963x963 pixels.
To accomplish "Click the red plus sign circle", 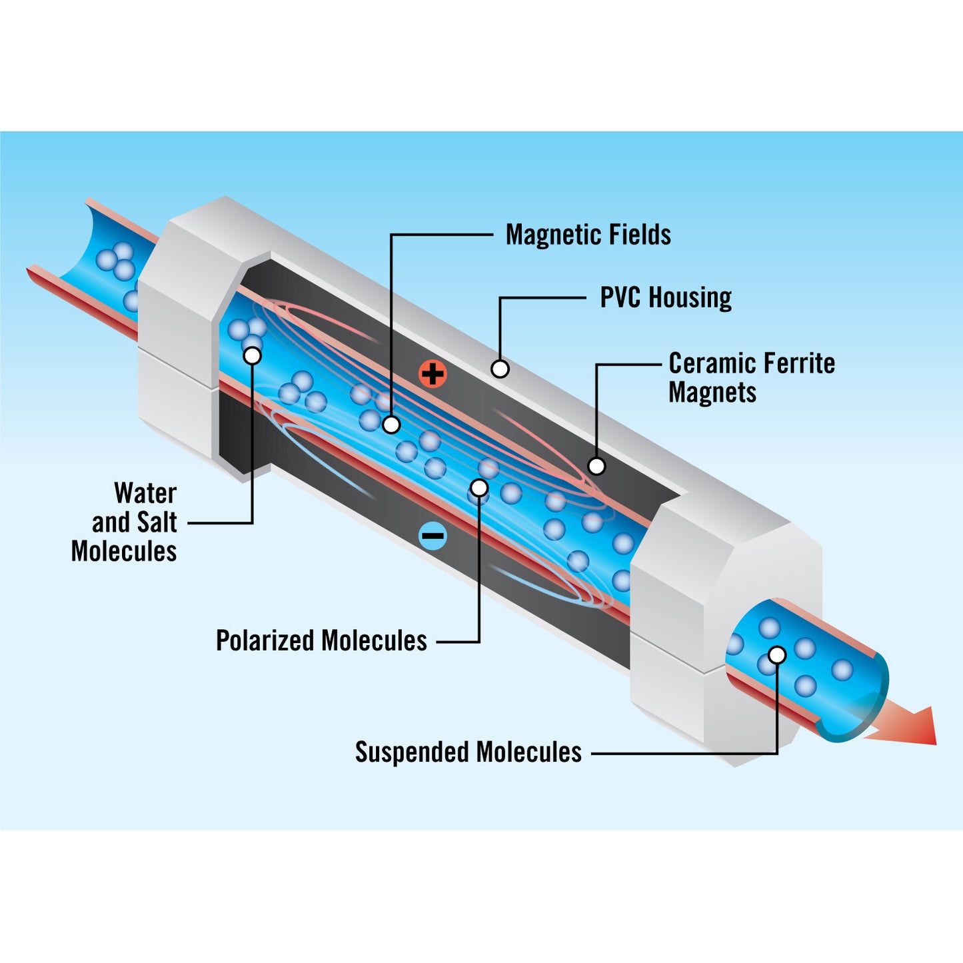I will pos(433,374).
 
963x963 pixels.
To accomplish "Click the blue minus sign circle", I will pos(433,535).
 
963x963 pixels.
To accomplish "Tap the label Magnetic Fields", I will pos(588,235).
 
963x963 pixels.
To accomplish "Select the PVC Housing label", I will pos(665,297).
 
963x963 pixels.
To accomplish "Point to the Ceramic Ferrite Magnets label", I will pos(751,378).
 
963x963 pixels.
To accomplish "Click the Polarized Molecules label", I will pos(321,641).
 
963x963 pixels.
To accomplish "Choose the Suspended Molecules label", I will pos(468,752).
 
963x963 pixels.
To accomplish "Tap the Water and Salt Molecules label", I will pos(127,522).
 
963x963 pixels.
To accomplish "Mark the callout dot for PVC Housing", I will pos(500,369).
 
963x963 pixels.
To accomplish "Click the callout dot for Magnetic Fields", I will pos(391,424).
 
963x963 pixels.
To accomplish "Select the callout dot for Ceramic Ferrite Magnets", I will pos(596,466).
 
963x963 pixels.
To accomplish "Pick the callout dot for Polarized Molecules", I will pos(479,488).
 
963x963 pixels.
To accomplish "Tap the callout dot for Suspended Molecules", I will pos(777,655).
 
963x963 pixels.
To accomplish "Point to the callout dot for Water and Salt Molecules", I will pos(253,356).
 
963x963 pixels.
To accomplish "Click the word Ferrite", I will pos(798,364).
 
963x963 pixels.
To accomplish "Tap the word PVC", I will pos(620,297).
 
